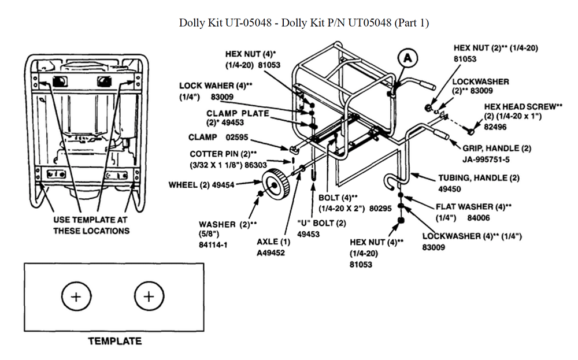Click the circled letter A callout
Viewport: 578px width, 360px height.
tap(408, 58)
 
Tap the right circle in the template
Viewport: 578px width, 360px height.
tap(149, 296)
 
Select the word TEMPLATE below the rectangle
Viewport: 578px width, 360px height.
tap(114, 341)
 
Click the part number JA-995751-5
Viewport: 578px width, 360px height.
tap(489, 159)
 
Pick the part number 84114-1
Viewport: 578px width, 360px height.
tap(213, 244)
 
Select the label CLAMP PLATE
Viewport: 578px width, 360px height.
tap(238, 113)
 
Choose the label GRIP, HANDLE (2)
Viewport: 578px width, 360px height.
tap(497, 148)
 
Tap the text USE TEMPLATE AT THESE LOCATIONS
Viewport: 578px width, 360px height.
tap(91, 225)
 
